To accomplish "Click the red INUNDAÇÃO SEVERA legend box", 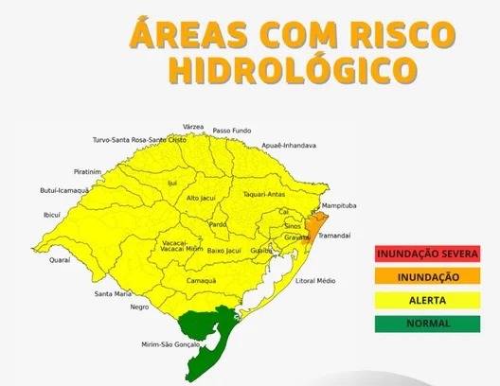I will [x=426, y=254].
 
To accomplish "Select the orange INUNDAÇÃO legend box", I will [x=426, y=276].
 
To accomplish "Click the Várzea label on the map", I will [x=193, y=126].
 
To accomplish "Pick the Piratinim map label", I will [x=87, y=172].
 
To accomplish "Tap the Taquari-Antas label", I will [x=264, y=194].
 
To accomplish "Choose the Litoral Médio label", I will [x=315, y=281].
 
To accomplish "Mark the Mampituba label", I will [x=338, y=205].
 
